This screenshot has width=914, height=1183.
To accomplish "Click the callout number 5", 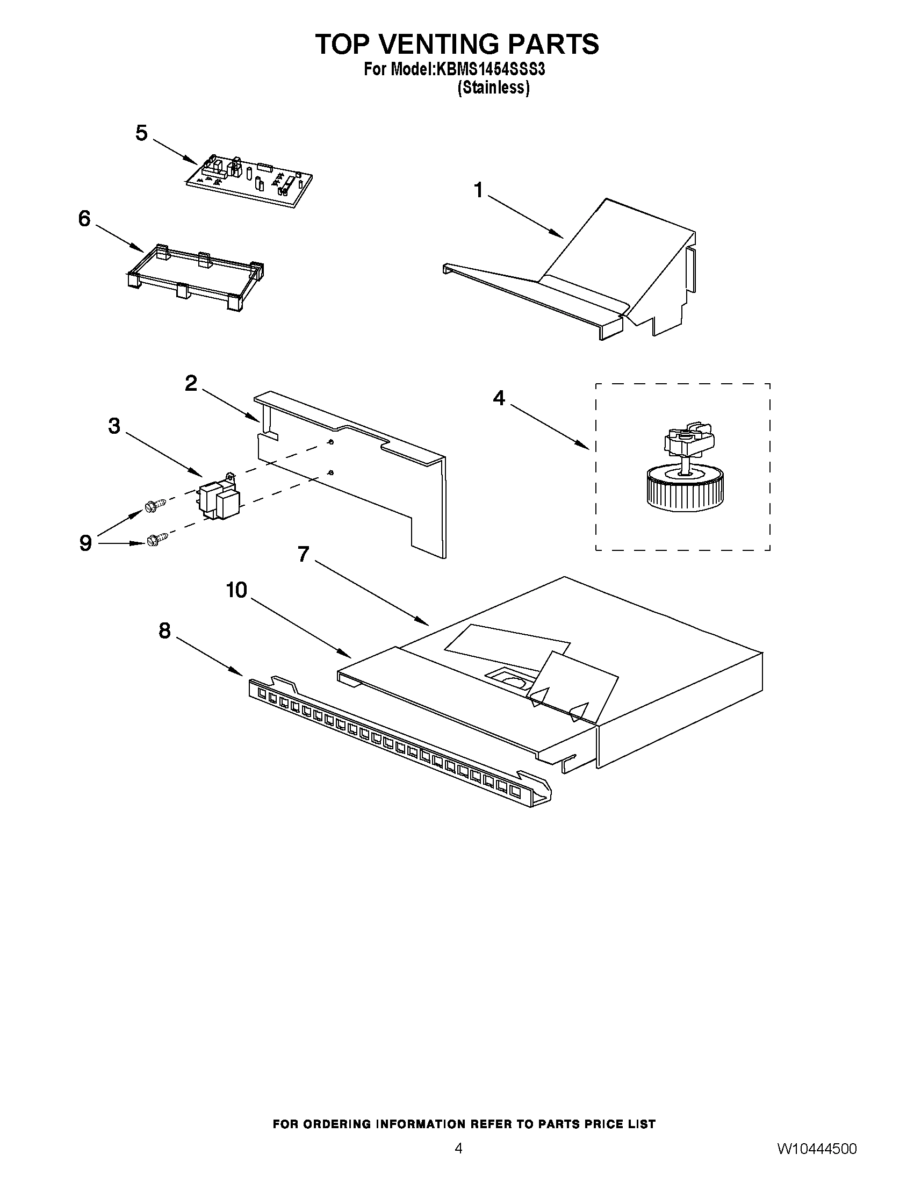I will tap(141, 133).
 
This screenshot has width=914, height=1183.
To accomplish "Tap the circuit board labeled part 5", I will tap(250, 182).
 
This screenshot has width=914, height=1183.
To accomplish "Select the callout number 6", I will tap(84, 219).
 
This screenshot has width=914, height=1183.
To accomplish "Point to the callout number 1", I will tap(478, 190).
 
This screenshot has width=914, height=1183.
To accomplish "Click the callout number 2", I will tap(191, 384).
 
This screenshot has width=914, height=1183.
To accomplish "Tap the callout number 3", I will tap(114, 426).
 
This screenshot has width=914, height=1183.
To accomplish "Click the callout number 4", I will tap(499, 398).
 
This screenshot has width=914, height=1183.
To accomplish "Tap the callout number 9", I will tap(85, 543).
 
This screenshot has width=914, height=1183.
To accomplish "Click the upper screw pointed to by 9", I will tap(153, 505).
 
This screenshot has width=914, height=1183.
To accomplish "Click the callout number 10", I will tap(236, 590).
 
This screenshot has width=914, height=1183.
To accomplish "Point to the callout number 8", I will tap(164, 630).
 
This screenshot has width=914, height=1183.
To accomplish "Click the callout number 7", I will tap(303, 554).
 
